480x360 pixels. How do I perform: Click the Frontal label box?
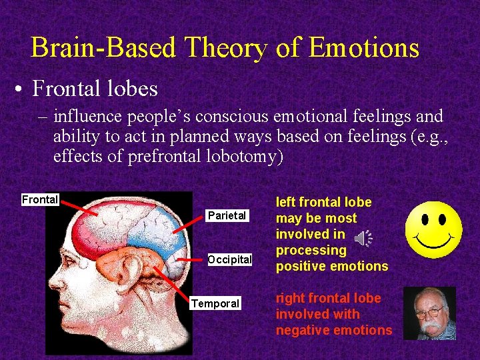(x=40, y=199)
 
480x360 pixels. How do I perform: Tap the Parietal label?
(x=227, y=215)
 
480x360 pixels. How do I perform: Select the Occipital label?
(x=229, y=259)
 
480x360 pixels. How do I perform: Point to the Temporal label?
(x=215, y=303)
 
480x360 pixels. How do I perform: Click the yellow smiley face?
(x=434, y=230)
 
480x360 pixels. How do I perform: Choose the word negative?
(x=303, y=330)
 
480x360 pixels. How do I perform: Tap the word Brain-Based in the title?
(x=103, y=48)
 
